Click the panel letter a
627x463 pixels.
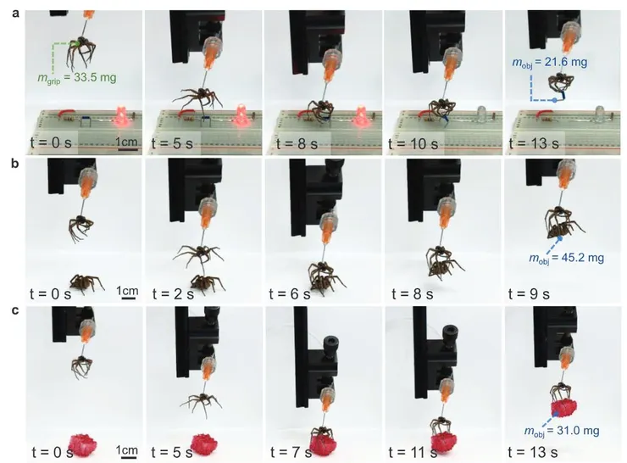click(15, 14)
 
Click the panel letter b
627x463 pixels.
click(15, 164)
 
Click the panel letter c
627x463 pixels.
click(15, 311)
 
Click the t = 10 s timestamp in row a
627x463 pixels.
click(413, 143)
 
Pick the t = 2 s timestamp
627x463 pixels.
click(173, 294)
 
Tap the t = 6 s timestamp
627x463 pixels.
click(290, 294)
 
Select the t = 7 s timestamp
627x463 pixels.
click(291, 452)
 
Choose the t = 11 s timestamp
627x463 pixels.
click(413, 452)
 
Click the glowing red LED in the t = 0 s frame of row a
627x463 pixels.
click(121, 116)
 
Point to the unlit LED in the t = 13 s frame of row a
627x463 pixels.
click(599, 113)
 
